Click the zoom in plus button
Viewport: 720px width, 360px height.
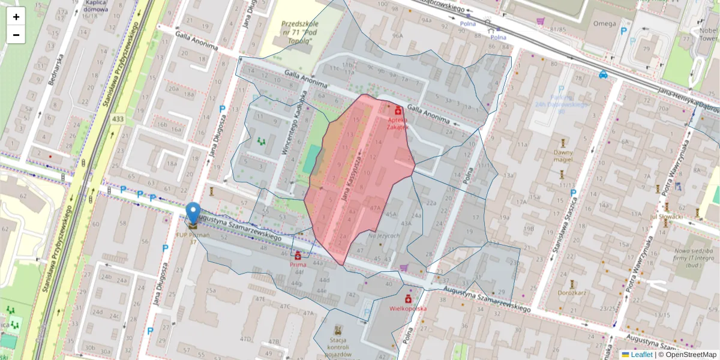(16, 17)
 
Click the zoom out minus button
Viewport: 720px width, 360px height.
(16, 35)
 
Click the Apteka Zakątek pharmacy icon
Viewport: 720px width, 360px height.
(397, 110)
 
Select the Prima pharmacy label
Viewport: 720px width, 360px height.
(298, 264)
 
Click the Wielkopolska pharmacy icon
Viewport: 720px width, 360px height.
(408, 298)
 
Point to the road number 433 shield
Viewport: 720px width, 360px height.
(117, 119)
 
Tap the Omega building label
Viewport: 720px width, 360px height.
(604, 23)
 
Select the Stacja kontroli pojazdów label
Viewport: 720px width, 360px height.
(338, 347)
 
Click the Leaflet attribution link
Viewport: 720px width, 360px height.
(641, 355)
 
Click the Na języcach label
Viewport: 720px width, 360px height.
(384, 236)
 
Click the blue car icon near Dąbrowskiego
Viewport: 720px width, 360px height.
(603, 75)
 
